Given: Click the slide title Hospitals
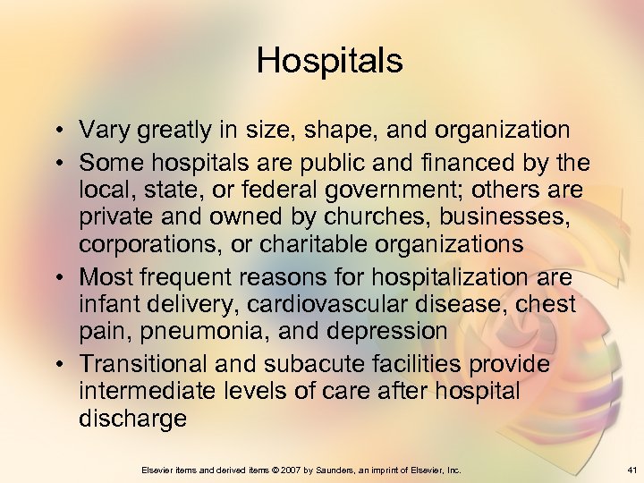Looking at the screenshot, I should (x=329, y=61).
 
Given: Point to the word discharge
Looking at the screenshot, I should (x=132, y=419).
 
